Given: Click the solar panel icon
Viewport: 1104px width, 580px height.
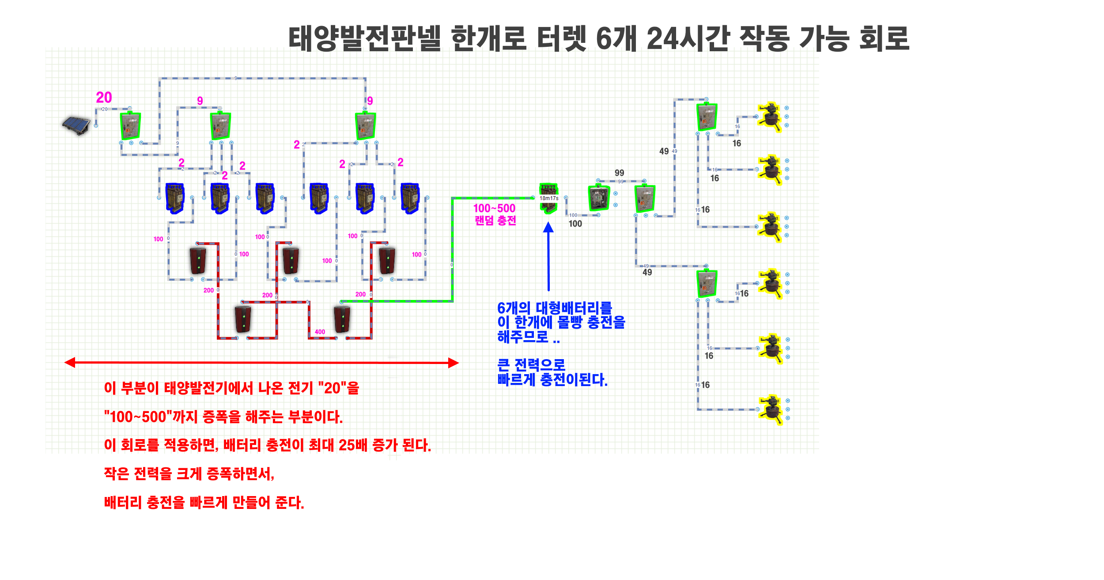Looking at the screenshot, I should (76, 125).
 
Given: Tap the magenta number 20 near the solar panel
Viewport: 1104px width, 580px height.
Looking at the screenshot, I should (104, 98).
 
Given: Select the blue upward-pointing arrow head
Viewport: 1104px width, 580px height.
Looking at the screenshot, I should (548, 227).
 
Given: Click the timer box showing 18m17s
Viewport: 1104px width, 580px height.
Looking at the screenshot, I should (549, 198).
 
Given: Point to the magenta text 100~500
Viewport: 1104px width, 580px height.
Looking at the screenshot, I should (494, 208).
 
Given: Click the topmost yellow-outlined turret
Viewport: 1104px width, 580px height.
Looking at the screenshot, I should (770, 117).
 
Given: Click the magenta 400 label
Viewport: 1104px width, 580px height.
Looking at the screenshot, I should (320, 332).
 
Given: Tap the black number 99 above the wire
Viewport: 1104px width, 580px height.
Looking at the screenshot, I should (620, 173).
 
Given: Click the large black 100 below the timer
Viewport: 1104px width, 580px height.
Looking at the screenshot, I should (575, 224).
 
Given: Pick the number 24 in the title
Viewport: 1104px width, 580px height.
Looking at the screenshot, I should (662, 38).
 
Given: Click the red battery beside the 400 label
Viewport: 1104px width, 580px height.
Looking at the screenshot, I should (342, 319).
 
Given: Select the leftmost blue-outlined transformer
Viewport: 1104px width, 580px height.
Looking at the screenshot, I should (175, 198).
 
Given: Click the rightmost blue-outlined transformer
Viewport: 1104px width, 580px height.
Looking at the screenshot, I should (410, 198).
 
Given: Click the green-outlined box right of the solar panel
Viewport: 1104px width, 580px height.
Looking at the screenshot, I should (131, 126).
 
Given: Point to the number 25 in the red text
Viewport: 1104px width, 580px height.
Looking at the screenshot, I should (347, 445).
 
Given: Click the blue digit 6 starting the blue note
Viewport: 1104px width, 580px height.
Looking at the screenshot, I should (501, 308).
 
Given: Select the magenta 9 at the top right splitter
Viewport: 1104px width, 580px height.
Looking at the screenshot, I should (370, 101).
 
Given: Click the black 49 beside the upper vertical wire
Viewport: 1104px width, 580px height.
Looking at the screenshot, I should (664, 152).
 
